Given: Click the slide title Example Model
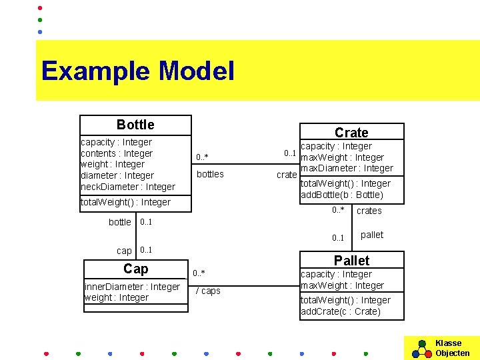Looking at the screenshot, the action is (137, 71).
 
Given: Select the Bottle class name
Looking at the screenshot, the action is (135, 125).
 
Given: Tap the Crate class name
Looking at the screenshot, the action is (351, 133).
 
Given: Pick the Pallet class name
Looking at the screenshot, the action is (351, 260).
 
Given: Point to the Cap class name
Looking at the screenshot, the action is (135, 269).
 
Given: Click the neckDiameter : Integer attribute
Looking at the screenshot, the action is (127, 187).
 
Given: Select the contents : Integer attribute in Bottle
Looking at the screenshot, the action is (116, 153).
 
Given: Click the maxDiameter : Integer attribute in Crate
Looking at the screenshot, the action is (347, 168).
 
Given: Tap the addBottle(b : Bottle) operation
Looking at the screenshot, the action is (341, 195).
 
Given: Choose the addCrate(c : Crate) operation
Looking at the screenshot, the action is (341, 311).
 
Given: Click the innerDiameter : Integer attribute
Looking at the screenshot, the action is (132, 287).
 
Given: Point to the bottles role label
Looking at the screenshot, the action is (209, 174).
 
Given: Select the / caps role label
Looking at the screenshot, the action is (208, 291).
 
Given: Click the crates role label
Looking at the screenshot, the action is (369, 211).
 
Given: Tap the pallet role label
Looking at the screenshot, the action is (371, 235).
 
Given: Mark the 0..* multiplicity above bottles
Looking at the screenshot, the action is (202, 157).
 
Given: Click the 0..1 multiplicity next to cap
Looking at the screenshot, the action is (146, 250).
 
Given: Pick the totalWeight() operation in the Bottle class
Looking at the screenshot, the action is (125, 202).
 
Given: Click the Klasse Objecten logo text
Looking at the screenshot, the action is (452, 348).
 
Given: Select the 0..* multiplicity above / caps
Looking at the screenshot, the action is (199, 273).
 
